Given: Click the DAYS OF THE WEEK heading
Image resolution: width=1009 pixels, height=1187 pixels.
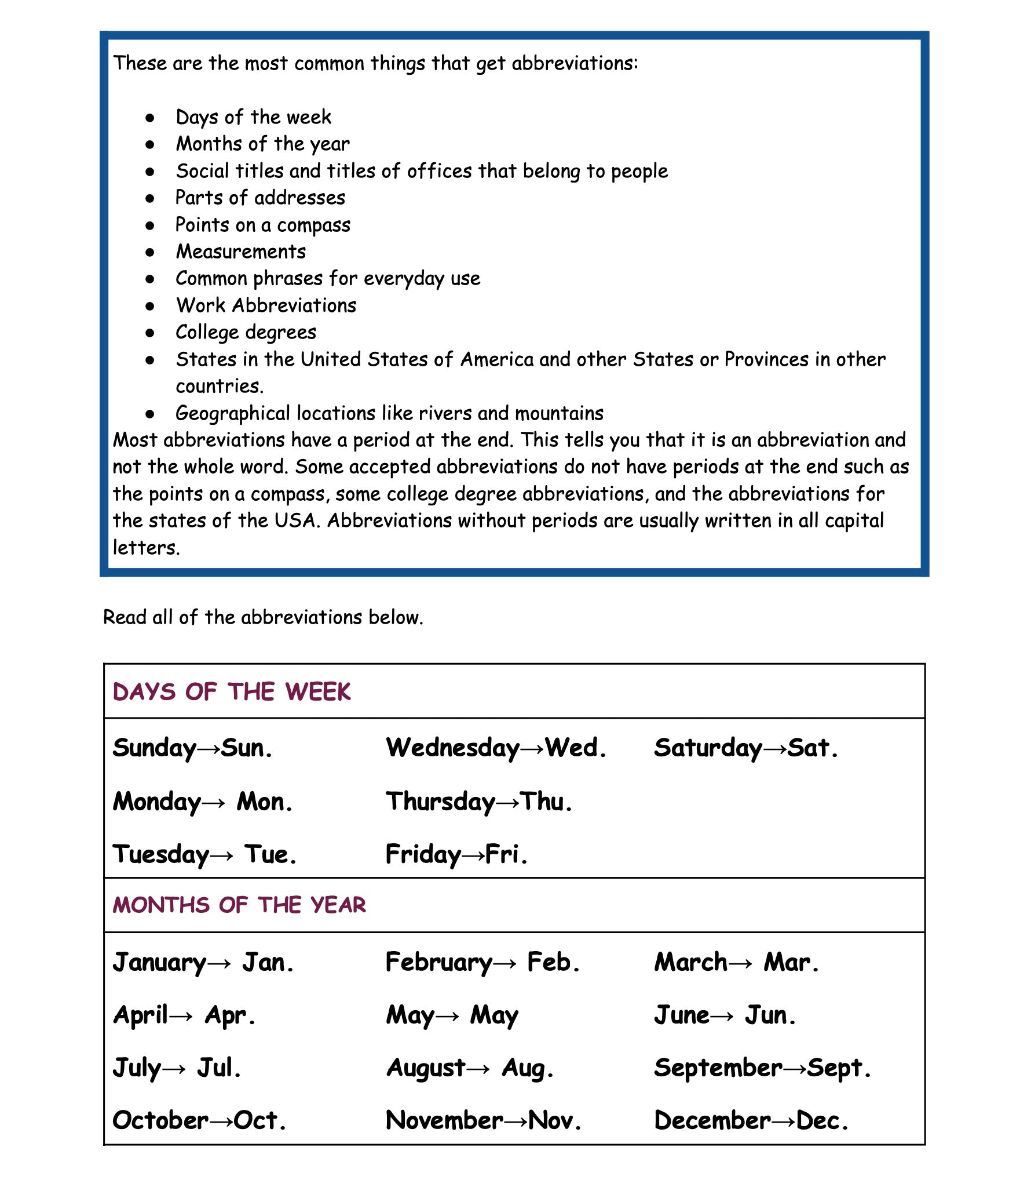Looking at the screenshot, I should [232, 692].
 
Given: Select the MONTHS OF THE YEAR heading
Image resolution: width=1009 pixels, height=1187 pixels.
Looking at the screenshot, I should [239, 905].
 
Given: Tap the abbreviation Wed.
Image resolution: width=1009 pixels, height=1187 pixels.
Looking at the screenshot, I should [576, 748].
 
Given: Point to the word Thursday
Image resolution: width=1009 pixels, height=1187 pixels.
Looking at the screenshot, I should [440, 802].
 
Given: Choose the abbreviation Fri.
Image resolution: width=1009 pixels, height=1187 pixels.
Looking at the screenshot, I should [506, 854].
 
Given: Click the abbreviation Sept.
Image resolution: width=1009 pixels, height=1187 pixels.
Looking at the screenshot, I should [839, 1068].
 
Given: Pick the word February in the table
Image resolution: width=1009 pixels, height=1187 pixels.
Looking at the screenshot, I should [438, 963].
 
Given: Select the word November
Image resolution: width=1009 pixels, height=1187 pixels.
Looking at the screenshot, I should [444, 1120].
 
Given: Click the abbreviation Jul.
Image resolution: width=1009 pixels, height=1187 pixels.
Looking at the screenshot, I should [219, 1068].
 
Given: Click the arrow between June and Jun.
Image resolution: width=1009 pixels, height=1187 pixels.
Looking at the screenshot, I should [722, 1015].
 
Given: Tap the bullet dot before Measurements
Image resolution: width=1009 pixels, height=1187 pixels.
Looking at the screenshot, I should [150, 252].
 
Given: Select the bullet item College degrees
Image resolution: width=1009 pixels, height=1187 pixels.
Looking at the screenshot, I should [246, 333].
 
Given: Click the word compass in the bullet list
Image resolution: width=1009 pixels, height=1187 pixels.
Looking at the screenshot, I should [313, 225].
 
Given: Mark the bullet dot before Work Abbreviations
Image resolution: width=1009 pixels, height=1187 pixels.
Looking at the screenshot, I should [150, 306].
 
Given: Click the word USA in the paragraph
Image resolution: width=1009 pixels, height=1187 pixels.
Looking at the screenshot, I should [295, 520].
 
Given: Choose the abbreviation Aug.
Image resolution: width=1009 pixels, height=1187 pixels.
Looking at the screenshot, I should [528, 1068].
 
